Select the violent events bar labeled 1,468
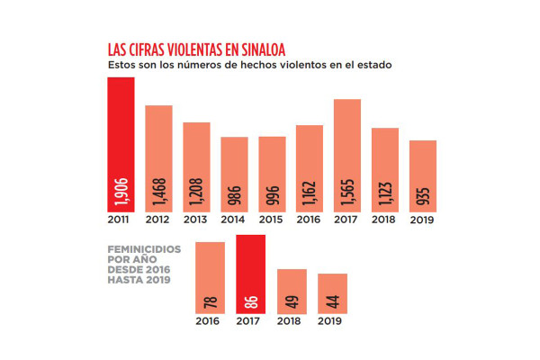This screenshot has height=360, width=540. pos(158,157)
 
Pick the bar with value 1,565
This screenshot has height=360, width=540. pos(347,154)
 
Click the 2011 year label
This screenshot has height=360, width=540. pos(121,220)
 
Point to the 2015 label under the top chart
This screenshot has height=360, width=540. pos(272,220)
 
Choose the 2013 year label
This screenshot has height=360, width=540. pos(196,220)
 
